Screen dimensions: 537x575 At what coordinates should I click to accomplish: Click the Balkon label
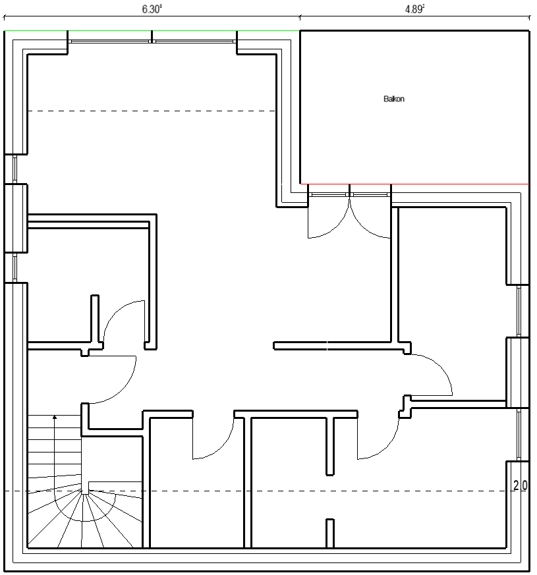(393, 99)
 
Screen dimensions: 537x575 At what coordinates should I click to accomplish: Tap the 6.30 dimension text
(152, 9)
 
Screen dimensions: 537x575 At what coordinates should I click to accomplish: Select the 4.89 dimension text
(414, 9)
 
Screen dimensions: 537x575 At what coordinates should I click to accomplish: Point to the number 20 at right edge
(520, 485)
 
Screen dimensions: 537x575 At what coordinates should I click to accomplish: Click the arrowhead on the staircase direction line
(55, 417)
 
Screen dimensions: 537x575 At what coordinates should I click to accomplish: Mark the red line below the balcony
(414, 184)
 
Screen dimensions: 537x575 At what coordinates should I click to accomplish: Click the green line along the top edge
(152, 31)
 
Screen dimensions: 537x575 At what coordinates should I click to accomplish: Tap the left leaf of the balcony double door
(329, 216)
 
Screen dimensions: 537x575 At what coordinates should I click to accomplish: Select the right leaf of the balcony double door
(370, 216)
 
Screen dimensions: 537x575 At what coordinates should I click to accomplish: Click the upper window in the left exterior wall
(15, 169)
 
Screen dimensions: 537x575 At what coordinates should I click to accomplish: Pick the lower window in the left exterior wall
(15, 267)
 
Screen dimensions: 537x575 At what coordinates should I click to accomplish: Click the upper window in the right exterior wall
(519, 311)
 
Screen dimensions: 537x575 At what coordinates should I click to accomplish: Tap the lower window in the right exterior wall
(519, 435)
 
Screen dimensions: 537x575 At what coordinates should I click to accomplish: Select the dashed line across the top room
(152, 111)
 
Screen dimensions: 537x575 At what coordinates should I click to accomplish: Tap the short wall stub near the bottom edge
(330, 534)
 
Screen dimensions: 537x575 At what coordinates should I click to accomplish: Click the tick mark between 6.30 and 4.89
(300, 17)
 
